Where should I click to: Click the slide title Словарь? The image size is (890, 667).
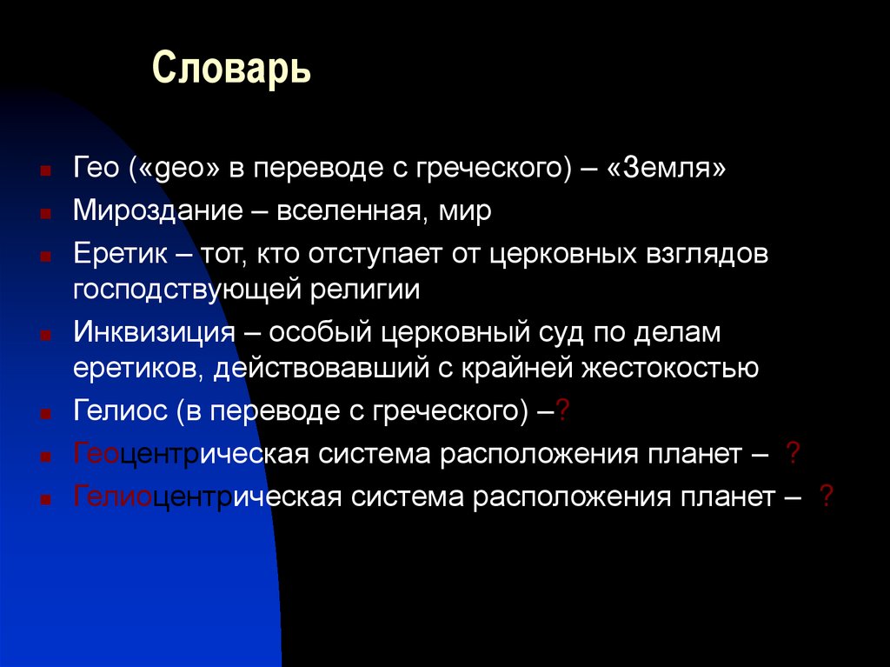[x=231, y=69]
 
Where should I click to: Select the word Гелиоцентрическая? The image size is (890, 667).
[x=208, y=497]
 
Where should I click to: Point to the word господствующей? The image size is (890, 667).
[x=186, y=289]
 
